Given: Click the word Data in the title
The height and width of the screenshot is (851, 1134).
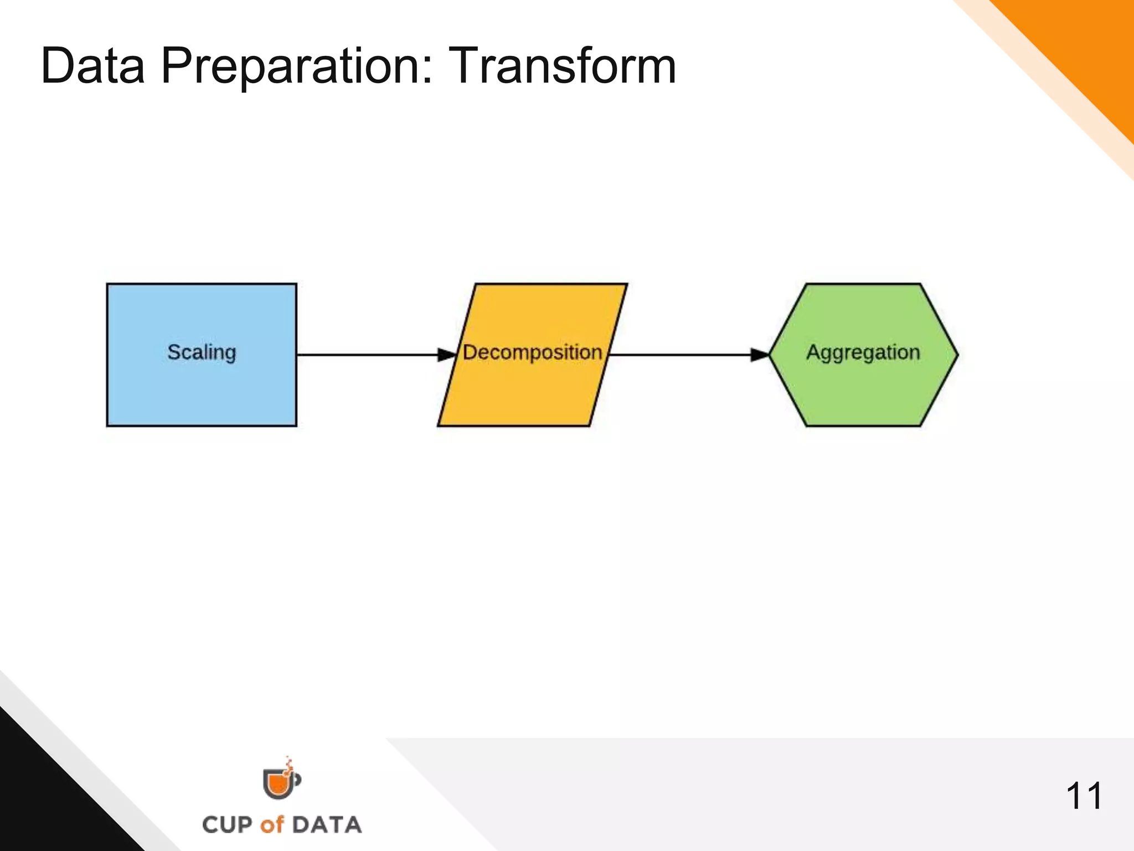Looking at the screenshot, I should click(x=92, y=66).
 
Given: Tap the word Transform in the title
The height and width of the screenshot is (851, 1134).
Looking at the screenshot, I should click(x=561, y=66).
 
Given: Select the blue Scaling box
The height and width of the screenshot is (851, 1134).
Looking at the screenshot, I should click(x=202, y=393).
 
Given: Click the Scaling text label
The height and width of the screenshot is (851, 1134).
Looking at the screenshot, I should click(x=202, y=352).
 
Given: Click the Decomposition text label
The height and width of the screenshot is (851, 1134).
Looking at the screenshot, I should click(x=532, y=352).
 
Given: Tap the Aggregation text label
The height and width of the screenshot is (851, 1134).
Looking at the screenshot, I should click(x=863, y=352).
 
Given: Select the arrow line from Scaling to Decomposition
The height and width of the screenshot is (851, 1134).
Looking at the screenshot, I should click(x=365, y=355).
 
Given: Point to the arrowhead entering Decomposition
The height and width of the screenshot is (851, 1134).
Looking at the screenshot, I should click(x=447, y=355).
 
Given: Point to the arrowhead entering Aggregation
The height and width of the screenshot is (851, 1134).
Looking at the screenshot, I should click(x=760, y=355).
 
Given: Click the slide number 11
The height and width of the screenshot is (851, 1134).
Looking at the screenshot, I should click(x=1084, y=796).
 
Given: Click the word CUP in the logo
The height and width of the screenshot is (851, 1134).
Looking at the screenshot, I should click(x=227, y=824).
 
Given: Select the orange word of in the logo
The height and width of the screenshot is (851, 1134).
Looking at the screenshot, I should click(x=272, y=824).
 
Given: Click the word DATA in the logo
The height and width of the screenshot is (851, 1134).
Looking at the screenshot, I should click(x=327, y=824).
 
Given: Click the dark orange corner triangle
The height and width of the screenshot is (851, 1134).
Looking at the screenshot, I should click(x=1085, y=50).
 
